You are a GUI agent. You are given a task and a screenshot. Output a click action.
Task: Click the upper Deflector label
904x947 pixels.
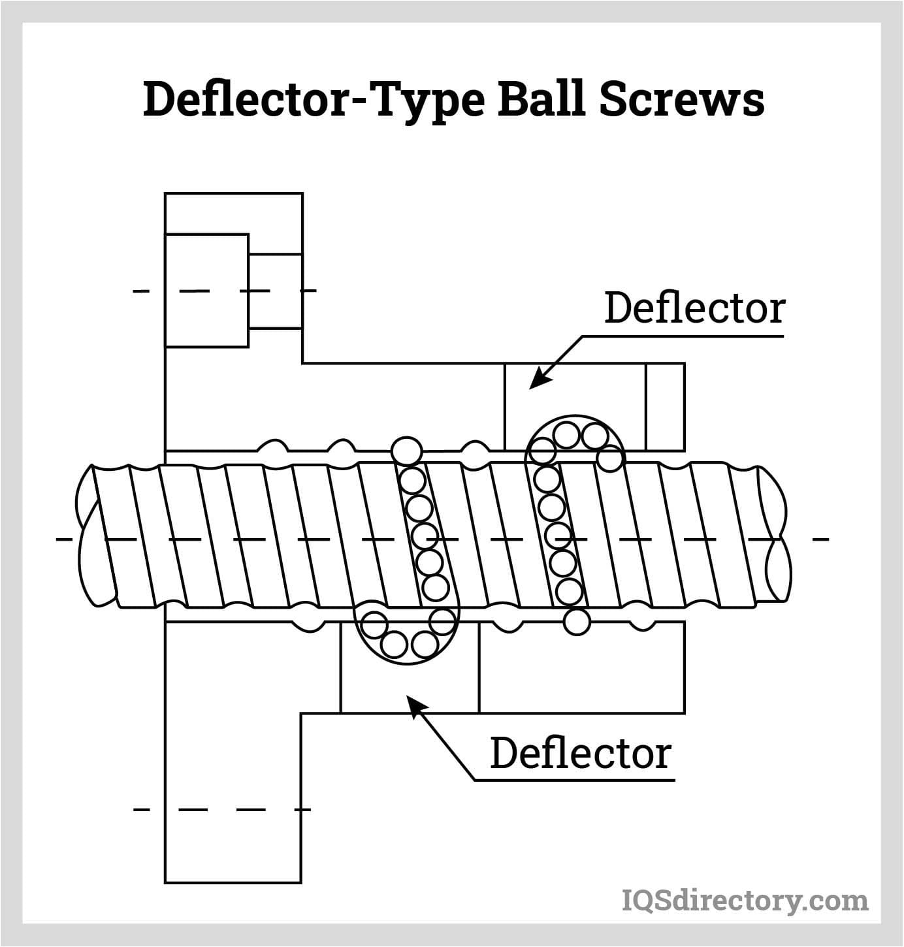(694, 308)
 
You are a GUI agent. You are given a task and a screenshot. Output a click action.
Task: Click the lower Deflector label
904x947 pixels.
(580, 753)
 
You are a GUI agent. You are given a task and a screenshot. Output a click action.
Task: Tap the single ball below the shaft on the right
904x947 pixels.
(576, 621)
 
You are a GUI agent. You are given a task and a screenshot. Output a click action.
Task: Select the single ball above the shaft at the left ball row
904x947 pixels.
(406, 451)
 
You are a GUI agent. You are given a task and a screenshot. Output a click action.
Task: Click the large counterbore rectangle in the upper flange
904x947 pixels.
(206, 290)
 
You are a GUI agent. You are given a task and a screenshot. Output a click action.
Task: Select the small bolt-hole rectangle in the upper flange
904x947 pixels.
(275, 291)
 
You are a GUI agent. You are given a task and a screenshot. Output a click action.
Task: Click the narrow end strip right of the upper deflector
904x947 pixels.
(665, 406)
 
